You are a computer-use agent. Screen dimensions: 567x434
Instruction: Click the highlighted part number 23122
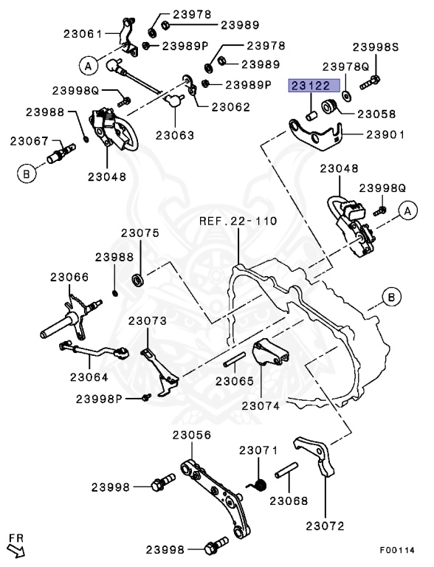pyautogui.click(x=314, y=86)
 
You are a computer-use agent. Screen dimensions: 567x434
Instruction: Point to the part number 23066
pyautogui.click(x=69, y=277)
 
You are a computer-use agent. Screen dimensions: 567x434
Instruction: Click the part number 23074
pyautogui.click(x=261, y=405)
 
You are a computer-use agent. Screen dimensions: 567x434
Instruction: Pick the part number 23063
pyautogui.click(x=175, y=135)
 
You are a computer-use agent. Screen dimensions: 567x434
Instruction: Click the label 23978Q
pyautogui.click(x=345, y=66)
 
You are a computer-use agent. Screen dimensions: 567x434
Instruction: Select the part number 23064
pyautogui.click(x=89, y=376)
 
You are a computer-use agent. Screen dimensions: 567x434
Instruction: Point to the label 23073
pyautogui.click(x=148, y=320)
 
